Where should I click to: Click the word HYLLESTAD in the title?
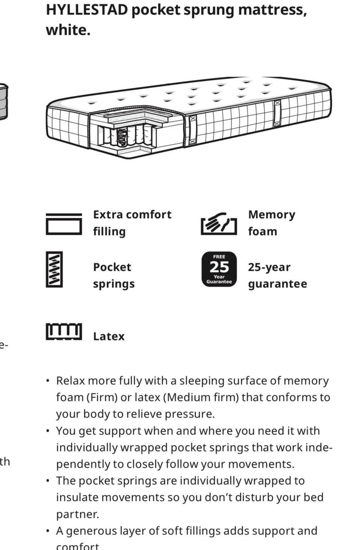click(87, 10)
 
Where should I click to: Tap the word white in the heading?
click(68, 30)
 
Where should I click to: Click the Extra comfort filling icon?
click(64, 224)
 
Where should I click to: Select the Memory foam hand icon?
click(219, 223)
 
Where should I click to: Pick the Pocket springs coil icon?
click(54, 269)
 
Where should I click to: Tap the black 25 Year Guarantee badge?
click(219, 269)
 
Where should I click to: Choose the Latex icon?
click(64, 331)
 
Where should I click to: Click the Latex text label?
click(109, 336)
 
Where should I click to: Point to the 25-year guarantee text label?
click(277, 276)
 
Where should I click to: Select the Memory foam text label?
click(271, 223)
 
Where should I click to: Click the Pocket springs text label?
click(114, 276)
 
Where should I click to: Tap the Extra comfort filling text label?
click(132, 223)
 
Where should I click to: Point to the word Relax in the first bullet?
click(70, 381)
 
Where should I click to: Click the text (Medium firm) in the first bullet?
click(201, 397)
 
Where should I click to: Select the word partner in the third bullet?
click(78, 514)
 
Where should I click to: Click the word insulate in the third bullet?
click(77, 498)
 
